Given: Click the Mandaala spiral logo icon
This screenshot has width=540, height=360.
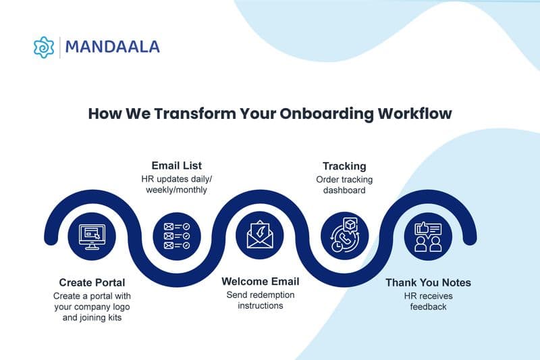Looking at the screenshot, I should click(x=44, y=47).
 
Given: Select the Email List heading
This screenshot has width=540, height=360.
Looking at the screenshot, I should click(x=175, y=165).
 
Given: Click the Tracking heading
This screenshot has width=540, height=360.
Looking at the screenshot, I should click(x=344, y=166).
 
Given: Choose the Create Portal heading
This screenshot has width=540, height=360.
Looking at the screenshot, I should click(x=92, y=282).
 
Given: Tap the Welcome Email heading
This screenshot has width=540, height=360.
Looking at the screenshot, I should click(x=261, y=281).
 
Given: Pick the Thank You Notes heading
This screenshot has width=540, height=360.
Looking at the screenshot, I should click(x=428, y=282).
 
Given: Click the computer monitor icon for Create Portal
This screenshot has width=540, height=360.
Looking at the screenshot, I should click(x=92, y=237).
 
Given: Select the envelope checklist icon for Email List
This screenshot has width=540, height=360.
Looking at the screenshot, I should click(x=176, y=236).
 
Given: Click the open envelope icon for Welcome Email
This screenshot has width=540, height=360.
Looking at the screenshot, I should click(x=260, y=236).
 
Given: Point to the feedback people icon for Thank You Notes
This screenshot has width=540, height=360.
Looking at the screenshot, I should click(x=428, y=236).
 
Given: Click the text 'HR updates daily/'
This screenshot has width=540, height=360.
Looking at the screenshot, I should click(x=175, y=179).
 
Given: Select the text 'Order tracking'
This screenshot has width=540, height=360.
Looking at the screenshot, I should click(x=344, y=180).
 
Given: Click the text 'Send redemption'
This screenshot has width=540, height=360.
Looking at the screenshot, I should click(x=261, y=295).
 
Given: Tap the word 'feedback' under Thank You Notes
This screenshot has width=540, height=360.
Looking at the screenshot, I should click(x=428, y=307).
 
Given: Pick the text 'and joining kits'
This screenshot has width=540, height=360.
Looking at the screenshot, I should click(x=92, y=317).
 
